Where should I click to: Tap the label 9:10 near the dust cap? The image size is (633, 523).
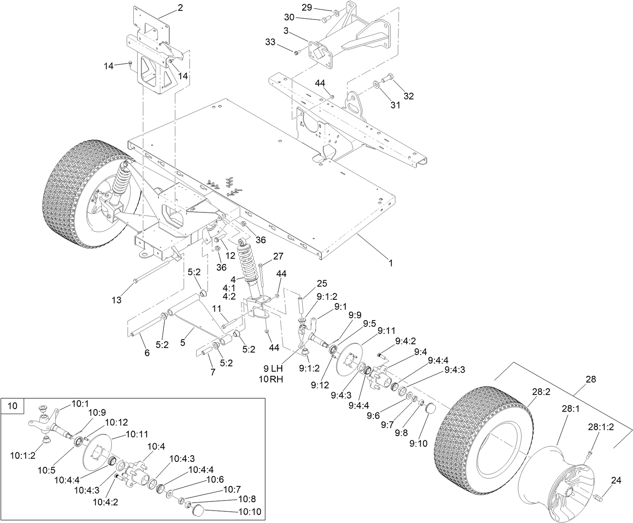(x=418, y=444)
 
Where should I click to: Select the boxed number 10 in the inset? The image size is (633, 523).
(x=13, y=406)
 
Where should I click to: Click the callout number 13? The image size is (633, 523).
(x=117, y=299)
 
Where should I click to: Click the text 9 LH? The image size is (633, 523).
(x=273, y=368)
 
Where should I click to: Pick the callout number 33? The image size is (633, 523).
(x=270, y=42)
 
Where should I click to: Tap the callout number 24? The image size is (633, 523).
(x=616, y=481)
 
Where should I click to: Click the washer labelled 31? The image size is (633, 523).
(x=376, y=85)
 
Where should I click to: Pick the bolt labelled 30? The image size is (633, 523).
(x=325, y=19)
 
